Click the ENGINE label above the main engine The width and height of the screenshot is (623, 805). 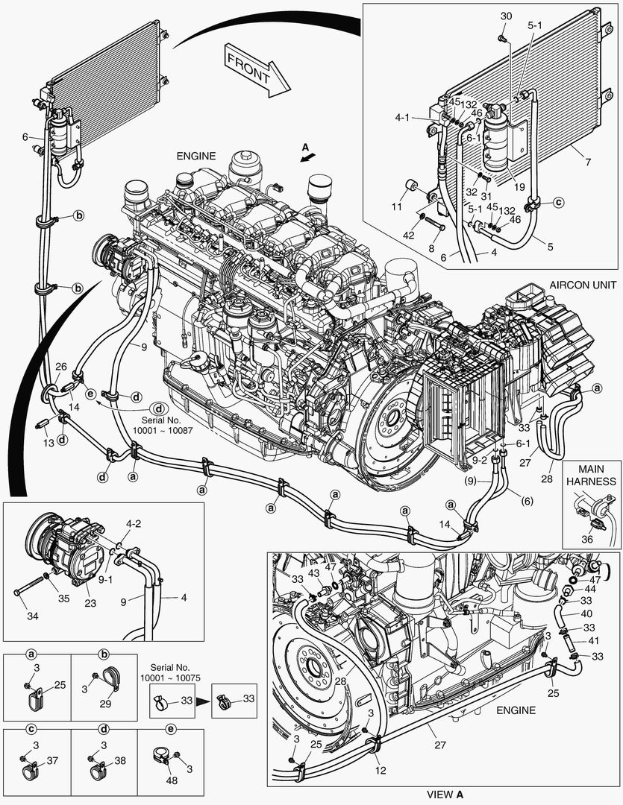click(x=195, y=157)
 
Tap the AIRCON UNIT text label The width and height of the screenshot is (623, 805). click(x=583, y=285)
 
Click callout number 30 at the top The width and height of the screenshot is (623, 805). click(x=506, y=16)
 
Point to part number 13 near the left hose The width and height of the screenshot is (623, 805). click(x=48, y=443)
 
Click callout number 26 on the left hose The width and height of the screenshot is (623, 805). click(x=60, y=366)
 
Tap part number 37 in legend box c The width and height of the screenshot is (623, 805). click(x=51, y=761)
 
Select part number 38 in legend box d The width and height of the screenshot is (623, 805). click(x=120, y=762)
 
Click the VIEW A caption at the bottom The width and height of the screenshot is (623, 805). click(x=445, y=795)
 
